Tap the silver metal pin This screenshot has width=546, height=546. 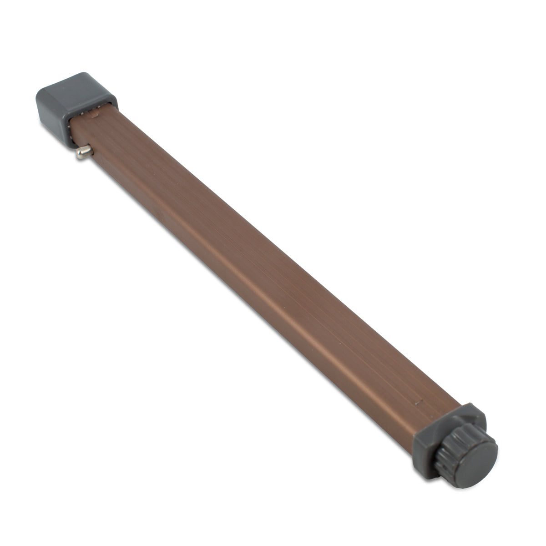click(x=85, y=152)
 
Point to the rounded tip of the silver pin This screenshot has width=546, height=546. click(x=79, y=156)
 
